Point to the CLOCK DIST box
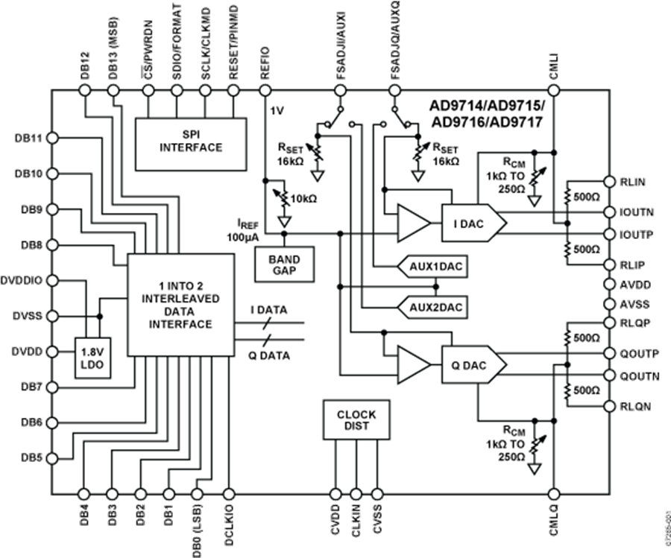(x=356, y=419)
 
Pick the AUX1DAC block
(x=430, y=266)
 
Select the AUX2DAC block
(x=430, y=305)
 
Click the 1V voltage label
(x=277, y=110)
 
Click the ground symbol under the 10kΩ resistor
(x=284, y=221)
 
